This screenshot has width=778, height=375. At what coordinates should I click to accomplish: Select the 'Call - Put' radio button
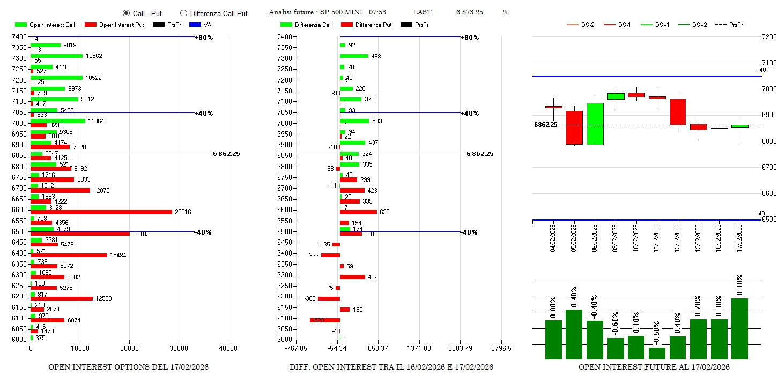(x=127, y=13)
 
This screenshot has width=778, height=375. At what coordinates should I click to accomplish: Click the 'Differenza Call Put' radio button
(x=184, y=13)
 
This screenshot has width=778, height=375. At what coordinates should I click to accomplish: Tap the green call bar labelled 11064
(x=58, y=121)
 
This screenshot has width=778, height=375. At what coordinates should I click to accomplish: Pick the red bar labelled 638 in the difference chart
(x=358, y=212)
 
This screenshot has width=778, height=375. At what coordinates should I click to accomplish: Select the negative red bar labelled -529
(x=325, y=320)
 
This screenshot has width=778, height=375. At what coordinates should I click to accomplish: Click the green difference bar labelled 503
(x=354, y=121)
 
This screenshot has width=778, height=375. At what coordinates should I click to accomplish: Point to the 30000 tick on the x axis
(x=179, y=348)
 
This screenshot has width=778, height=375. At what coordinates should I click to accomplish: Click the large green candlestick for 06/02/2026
(x=595, y=124)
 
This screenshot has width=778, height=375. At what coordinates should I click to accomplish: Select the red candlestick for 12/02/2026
(x=678, y=111)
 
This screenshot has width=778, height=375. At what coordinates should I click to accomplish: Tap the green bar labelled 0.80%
(x=739, y=328)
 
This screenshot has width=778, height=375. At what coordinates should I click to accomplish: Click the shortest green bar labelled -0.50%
(x=657, y=354)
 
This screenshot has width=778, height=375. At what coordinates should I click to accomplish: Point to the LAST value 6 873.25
(x=470, y=12)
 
